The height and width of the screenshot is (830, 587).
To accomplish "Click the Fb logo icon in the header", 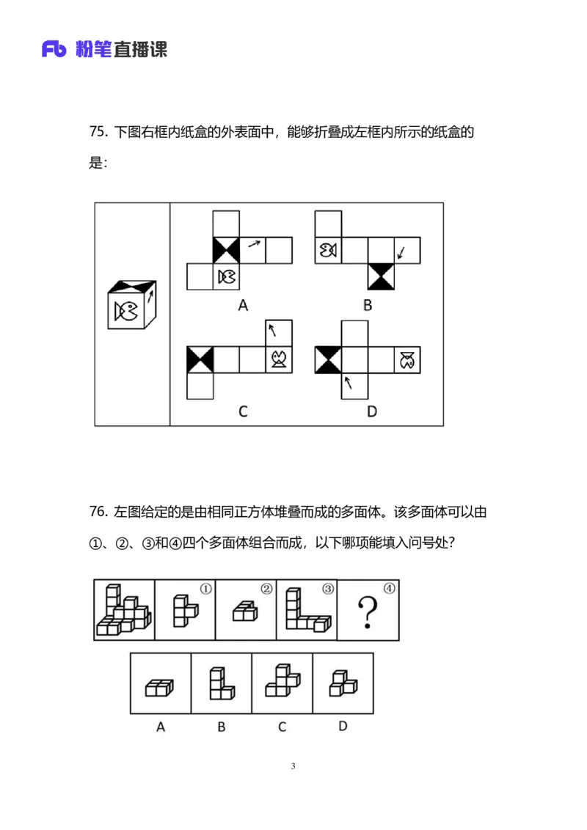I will click(x=56, y=49).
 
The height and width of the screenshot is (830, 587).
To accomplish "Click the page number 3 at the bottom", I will click(x=293, y=767).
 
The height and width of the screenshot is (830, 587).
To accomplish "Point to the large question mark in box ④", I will click(x=367, y=612).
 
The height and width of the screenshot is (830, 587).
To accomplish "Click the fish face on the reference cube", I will click(x=125, y=312).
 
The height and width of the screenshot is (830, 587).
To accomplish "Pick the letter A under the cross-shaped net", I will click(x=243, y=306).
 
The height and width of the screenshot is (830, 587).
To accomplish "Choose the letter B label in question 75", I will click(x=367, y=306).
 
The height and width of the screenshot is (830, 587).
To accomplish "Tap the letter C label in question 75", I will click(x=243, y=411).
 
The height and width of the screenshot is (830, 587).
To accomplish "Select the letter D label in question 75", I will click(x=371, y=411).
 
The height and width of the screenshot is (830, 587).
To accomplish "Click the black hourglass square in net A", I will click(x=226, y=251).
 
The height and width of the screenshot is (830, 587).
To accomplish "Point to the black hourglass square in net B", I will click(x=382, y=276).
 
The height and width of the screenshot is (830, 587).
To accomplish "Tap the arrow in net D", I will click(x=349, y=382).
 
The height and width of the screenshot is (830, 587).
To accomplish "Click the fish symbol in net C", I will click(x=279, y=359).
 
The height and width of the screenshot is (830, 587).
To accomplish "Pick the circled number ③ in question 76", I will click(x=328, y=588).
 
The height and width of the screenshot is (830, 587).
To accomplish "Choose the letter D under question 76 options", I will click(x=343, y=727).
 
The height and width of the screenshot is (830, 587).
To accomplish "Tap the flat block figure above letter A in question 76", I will click(x=160, y=688).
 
